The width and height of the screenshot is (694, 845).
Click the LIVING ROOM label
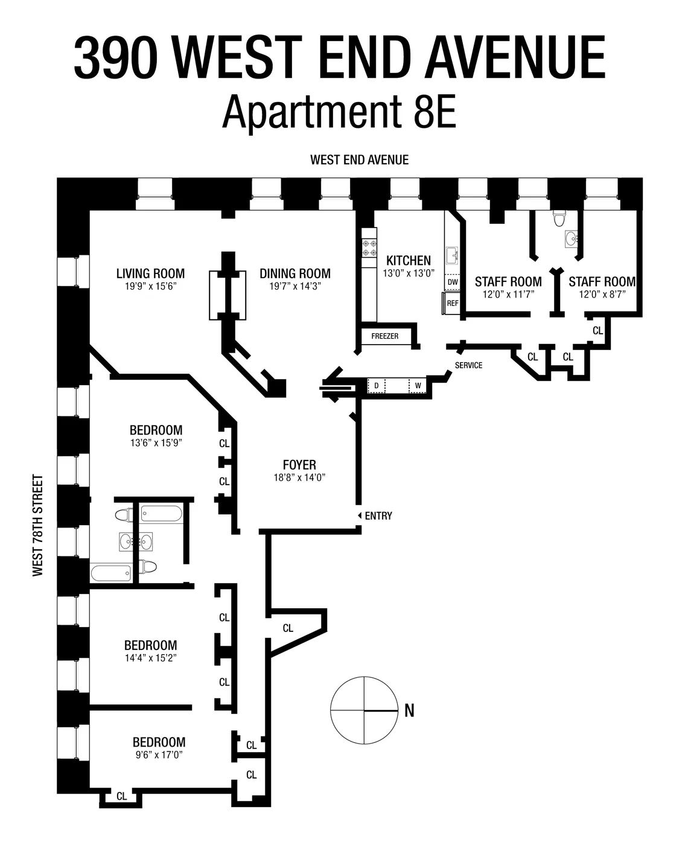(x=150, y=274)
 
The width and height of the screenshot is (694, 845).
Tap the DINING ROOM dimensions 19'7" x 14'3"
(x=295, y=287)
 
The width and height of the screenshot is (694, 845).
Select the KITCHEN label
(x=409, y=261)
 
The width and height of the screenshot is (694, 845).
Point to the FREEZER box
(x=385, y=336)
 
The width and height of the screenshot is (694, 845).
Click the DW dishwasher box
(x=452, y=282)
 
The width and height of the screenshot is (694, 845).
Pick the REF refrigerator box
(x=452, y=303)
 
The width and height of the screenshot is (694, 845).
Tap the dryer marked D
(x=377, y=386)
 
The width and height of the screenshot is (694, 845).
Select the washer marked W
(x=418, y=386)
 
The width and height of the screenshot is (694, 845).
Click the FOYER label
(x=299, y=465)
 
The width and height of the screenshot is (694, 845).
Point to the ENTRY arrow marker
(x=360, y=515)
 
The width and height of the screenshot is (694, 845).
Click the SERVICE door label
(x=468, y=365)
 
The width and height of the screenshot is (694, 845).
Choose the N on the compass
(x=409, y=711)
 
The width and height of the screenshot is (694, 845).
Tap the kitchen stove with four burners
(x=369, y=248)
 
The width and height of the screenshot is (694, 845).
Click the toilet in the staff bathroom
(x=559, y=218)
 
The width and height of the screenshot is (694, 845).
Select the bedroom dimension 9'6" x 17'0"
(x=159, y=755)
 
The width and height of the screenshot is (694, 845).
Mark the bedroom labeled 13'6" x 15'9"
(x=156, y=430)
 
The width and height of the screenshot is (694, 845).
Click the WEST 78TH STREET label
(x=39, y=526)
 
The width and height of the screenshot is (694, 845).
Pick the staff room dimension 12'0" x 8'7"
(x=602, y=295)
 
